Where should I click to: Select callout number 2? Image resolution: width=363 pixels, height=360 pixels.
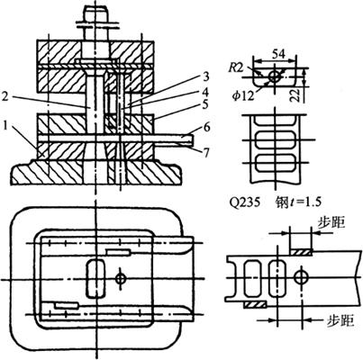5,96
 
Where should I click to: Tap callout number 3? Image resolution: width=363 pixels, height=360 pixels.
205,76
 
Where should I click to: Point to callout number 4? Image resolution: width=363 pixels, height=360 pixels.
205,91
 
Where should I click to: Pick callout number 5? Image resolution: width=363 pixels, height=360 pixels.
205,104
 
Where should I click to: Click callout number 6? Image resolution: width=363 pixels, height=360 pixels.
206,127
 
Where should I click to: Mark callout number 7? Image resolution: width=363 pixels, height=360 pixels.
206,152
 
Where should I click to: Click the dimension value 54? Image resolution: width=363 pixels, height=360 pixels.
277,54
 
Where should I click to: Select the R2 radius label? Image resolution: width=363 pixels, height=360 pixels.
235,67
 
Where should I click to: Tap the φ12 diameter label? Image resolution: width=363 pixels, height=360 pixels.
243,96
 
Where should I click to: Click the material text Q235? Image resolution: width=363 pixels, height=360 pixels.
244,202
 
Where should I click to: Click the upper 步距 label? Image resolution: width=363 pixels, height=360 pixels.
331,223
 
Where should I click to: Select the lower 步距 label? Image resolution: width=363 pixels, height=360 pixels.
340,320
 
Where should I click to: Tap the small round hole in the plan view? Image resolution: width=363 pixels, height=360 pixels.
121,279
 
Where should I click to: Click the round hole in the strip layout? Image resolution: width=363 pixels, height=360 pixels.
300,277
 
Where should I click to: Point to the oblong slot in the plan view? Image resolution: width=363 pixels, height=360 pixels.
95,279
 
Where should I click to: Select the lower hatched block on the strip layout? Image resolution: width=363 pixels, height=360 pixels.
255,305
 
